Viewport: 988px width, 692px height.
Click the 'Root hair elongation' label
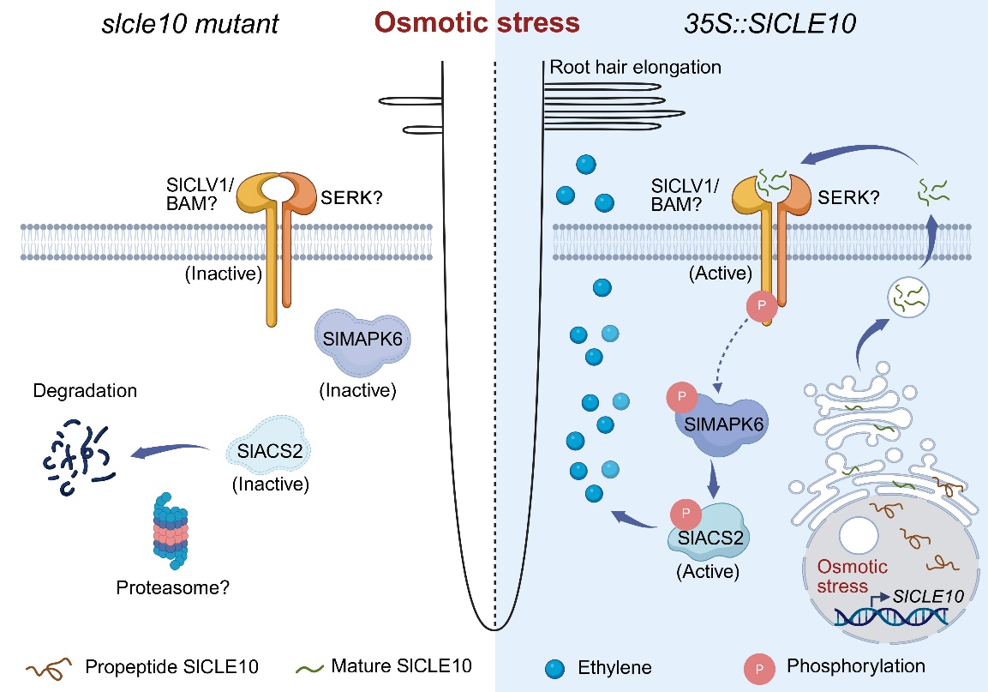coord(635,67)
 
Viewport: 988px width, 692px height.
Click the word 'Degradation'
coord(84,391)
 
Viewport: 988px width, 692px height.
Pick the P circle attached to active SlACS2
coord(686,514)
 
